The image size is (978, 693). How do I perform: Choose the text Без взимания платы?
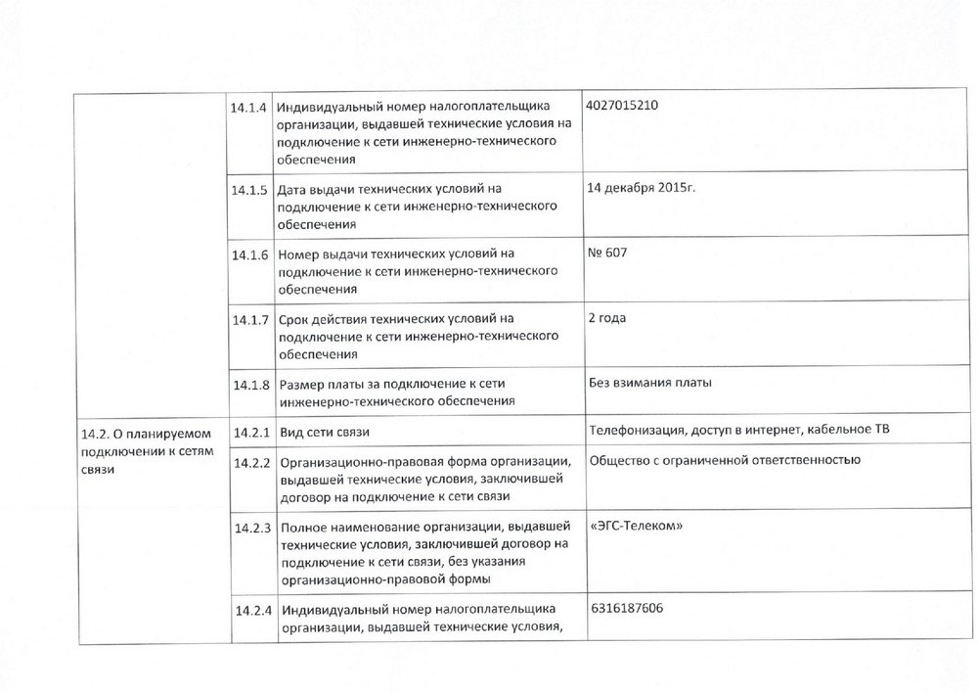tap(650, 383)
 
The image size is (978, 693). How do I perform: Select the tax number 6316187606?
tap(627, 609)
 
